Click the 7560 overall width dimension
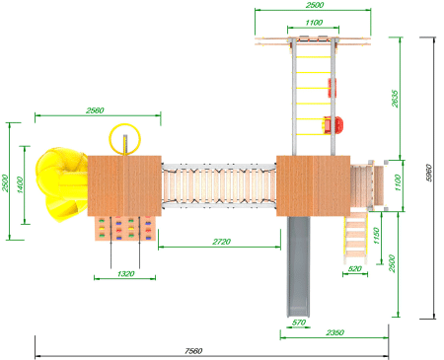(193, 351)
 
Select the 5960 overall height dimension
(429, 173)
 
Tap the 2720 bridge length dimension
(221, 242)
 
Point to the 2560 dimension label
(95, 110)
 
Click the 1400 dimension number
(20, 184)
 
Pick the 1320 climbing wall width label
(125, 274)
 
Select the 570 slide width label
(299, 323)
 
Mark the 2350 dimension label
(335, 332)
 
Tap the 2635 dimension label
(395, 99)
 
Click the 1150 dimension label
(377, 236)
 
